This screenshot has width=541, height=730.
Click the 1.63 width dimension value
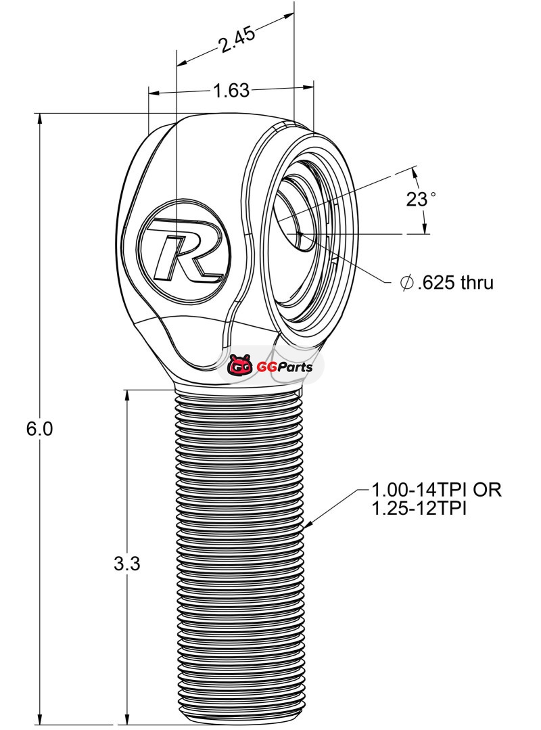point(231,91)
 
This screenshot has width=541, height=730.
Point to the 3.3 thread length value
point(126,564)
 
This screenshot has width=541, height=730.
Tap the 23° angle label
point(421,199)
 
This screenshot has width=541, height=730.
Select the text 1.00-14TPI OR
point(436,489)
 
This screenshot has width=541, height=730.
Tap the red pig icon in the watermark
point(239,367)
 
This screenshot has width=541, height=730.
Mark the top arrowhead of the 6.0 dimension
point(41,119)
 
